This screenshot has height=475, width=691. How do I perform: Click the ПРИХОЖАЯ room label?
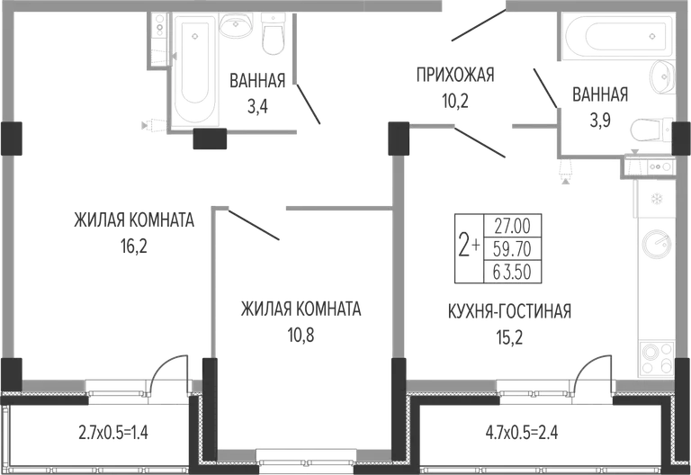pos(455,75)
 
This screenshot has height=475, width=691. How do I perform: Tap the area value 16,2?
pos(134,246)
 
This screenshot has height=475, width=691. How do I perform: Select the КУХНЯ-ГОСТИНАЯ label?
pos(509,311)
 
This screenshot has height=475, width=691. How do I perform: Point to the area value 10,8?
pos(301,336)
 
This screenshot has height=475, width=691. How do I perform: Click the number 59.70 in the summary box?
pos(512,249)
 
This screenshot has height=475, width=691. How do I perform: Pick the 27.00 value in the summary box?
pos(512,226)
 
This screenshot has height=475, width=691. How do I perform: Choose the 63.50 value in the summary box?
pos(512,272)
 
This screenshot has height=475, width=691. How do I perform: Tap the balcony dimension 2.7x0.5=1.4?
pos(113,433)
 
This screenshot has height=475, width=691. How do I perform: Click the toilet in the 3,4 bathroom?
pos(274,33)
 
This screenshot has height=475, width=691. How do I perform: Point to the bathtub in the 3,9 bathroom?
pos(616,36)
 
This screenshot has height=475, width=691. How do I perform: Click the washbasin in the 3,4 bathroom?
pos(236,25)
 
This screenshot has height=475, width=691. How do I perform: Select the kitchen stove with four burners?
pos(656,358)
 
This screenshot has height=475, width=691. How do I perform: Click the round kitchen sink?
pos(656,243)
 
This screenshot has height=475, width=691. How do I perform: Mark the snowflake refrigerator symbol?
pos(658,199)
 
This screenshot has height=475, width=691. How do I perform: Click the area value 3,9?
pos(600,121)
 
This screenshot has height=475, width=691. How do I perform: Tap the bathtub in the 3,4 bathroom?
pos(194,69)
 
